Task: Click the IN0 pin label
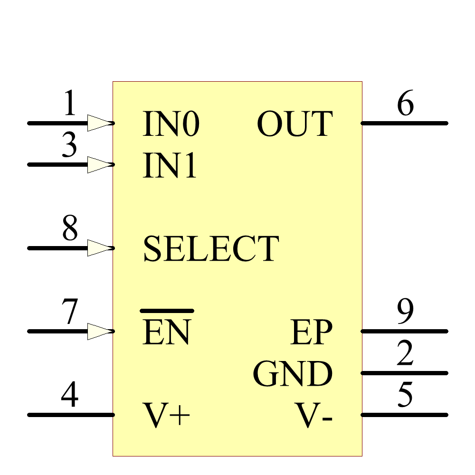[x=171, y=124]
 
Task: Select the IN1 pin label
[x=170, y=166]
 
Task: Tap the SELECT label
[x=210, y=249]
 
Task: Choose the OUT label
[x=294, y=124]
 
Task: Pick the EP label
[x=312, y=332]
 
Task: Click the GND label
[x=293, y=374]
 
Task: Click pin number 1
[x=70, y=104]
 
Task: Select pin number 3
[x=70, y=145]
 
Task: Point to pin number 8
[x=70, y=229]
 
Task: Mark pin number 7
[x=70, y=312]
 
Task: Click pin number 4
[x=70, y=396]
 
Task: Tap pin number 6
[x=405, y=104]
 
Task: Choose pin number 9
[x=405, y=312]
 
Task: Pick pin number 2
[x=405, y=354]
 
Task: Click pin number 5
[x=405, y=396]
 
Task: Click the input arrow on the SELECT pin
[x=100, y=248]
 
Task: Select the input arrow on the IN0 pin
[x=100, y=123]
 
